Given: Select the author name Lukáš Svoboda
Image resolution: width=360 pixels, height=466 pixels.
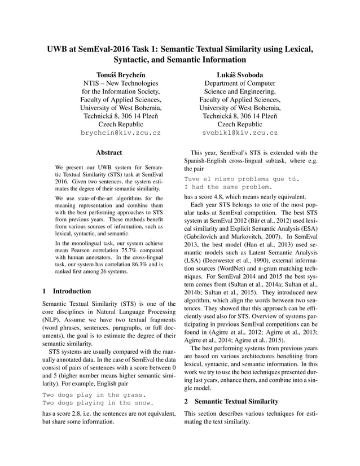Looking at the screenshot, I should point(240,74).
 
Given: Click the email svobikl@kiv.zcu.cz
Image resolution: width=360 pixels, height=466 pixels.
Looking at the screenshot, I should point(240,134).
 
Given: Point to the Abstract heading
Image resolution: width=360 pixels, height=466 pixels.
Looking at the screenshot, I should point(109,152).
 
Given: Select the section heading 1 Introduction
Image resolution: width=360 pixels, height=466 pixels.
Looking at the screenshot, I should point(67,291).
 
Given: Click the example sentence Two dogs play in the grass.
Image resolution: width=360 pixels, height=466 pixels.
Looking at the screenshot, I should point(94,395).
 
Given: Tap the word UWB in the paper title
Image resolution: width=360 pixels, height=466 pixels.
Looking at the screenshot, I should point(59,49).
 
